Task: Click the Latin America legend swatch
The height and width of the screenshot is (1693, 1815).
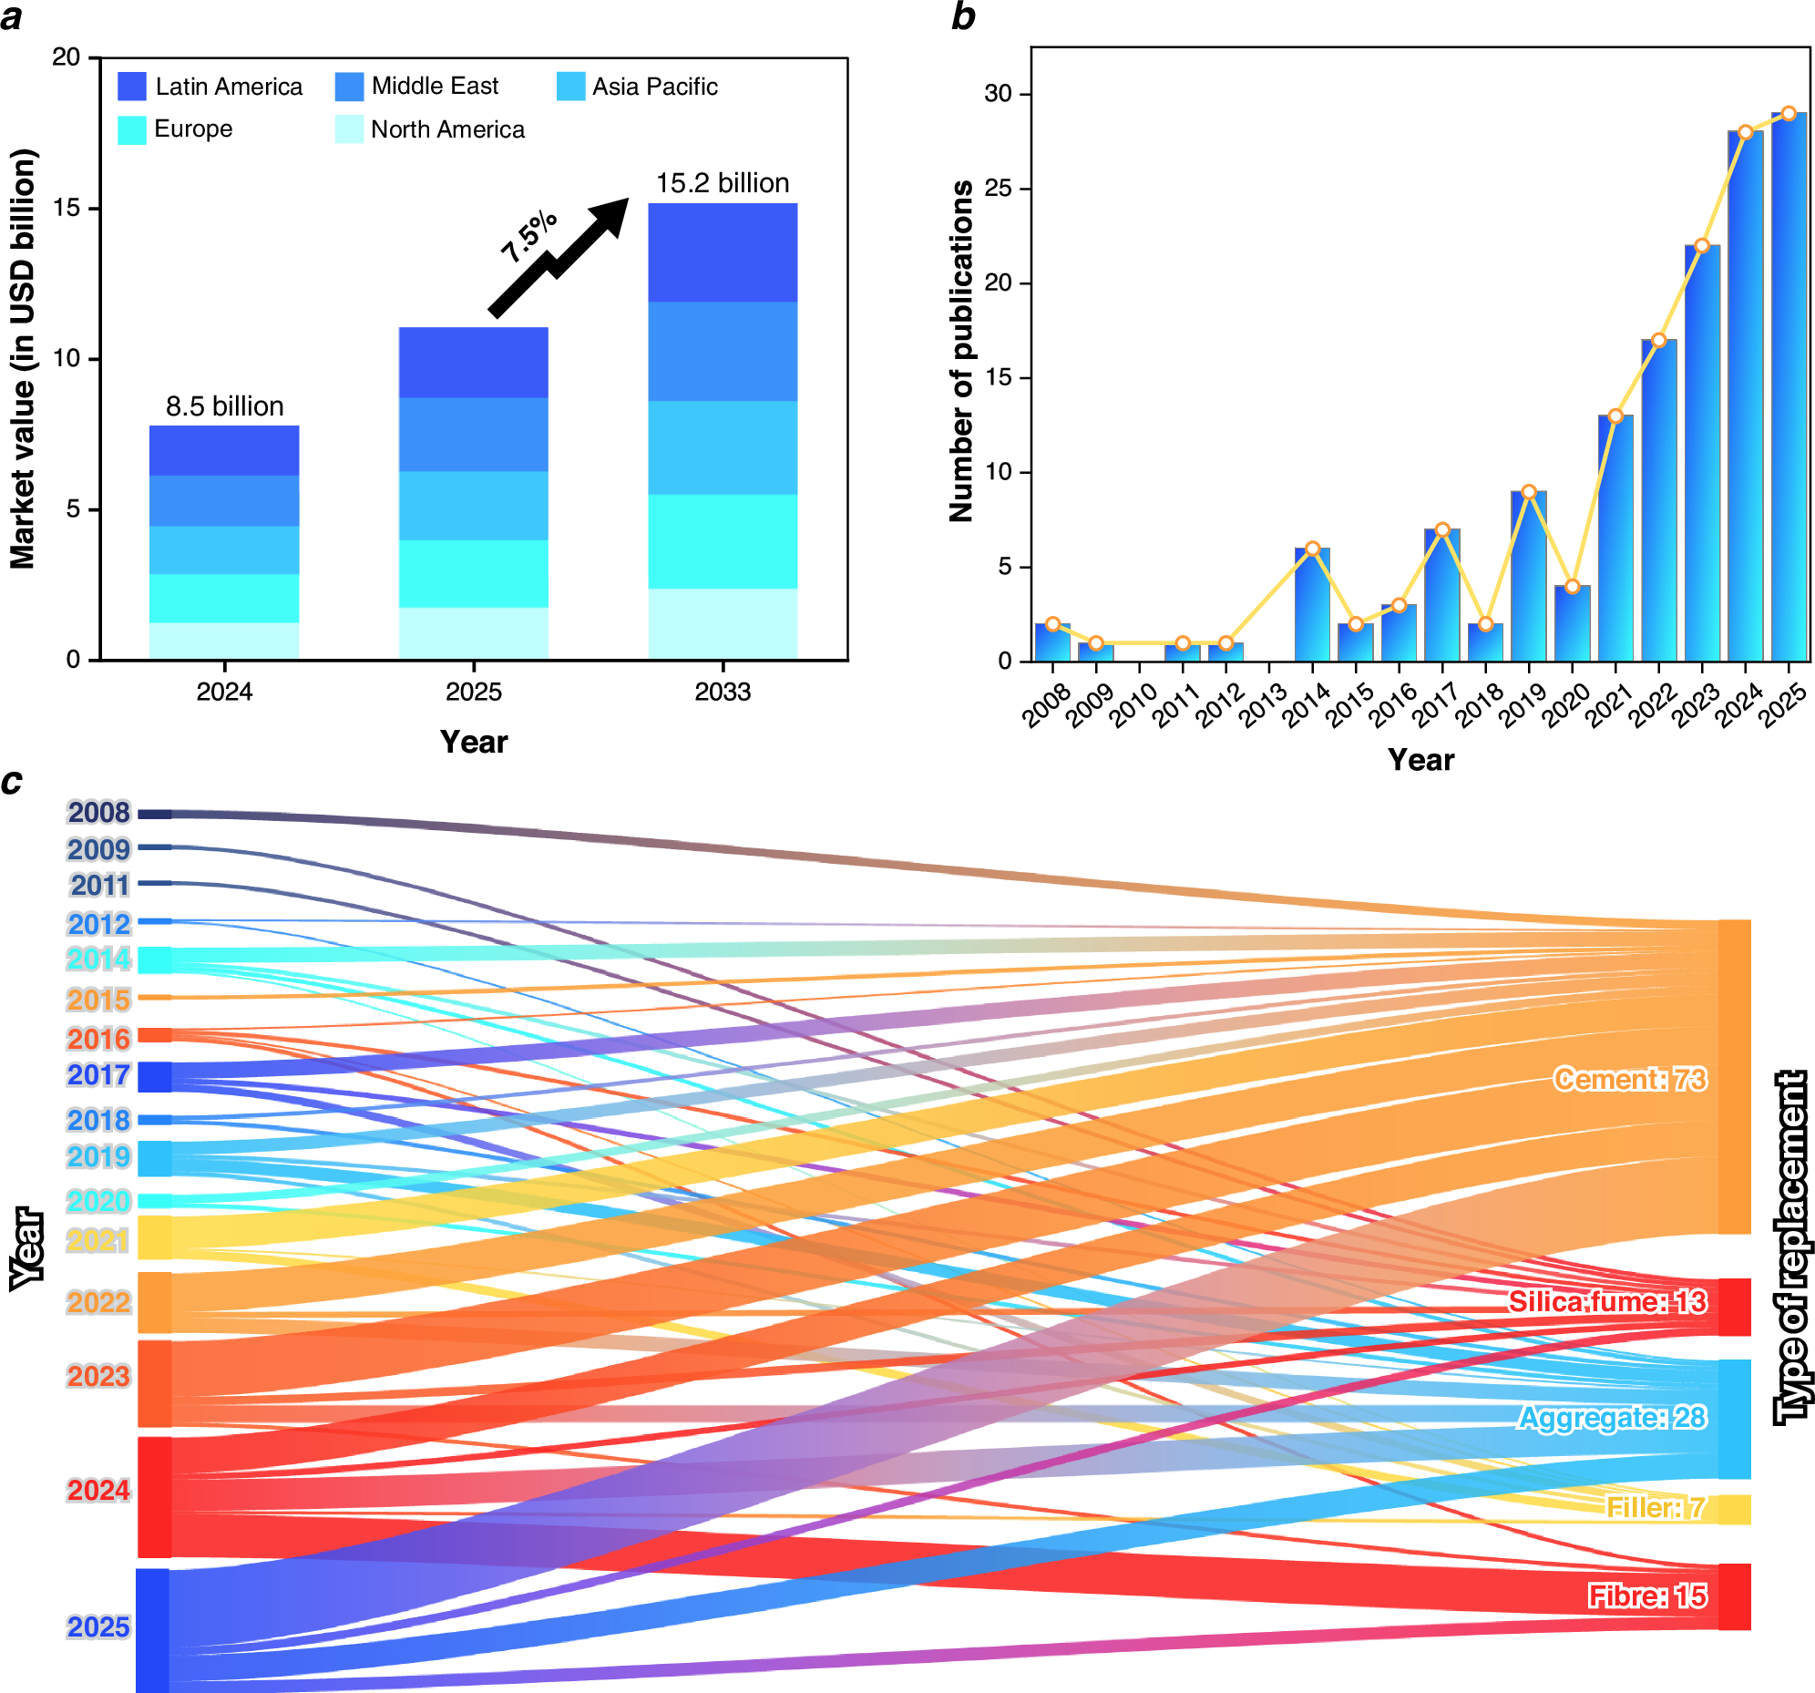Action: pyautogui.click(x=131, y=87)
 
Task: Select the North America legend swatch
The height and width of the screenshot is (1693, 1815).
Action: pyautogui.click(x=349, y=129)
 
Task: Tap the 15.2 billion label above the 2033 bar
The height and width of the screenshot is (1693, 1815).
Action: pyautogui.click(x=723, y=183)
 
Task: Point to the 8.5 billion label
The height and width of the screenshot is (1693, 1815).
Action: pyautogui.click(x=224, y=406)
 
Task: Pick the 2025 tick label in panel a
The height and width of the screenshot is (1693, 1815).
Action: pyautogui.click(x=473, y=692)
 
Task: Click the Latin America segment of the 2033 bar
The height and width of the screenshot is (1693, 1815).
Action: pyautogui.click(x=723, y=253)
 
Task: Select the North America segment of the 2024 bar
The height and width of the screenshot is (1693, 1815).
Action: pyautogui.click(x=224, y=641)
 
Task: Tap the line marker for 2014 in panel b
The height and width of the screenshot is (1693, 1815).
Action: pyautogui.click(x=1312, y=549)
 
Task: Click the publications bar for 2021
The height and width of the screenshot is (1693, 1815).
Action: pyautogui.click(x=1615, y=539)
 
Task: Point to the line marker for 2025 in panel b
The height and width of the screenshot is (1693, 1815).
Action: pyautogui.click(x=1789, y=114)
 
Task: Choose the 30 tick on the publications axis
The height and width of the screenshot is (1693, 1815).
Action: pyautogui.click(x=998, y=94)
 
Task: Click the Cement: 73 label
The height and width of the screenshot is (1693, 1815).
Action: pyautogui.click(x=1630, y=1080)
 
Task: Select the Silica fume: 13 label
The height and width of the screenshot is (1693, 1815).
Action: pyautogui.click(x=1606, y=1301)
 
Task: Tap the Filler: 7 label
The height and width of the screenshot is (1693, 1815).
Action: pyautogui.click(x=1656, y=1508)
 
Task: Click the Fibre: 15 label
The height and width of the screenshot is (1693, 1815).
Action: pyautogui.click(x=1647, y=1596)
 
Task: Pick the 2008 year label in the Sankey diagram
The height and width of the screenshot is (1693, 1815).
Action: pyautogui.click(x=98, y=813)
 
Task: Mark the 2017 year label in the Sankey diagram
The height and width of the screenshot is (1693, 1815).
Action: pyautogui.click(x=98, y=1076)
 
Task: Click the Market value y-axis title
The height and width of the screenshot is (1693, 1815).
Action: pyautogui.click(x=23, y=359)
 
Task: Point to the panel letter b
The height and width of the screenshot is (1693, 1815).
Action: pyautogui.click(x=963, y=16)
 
